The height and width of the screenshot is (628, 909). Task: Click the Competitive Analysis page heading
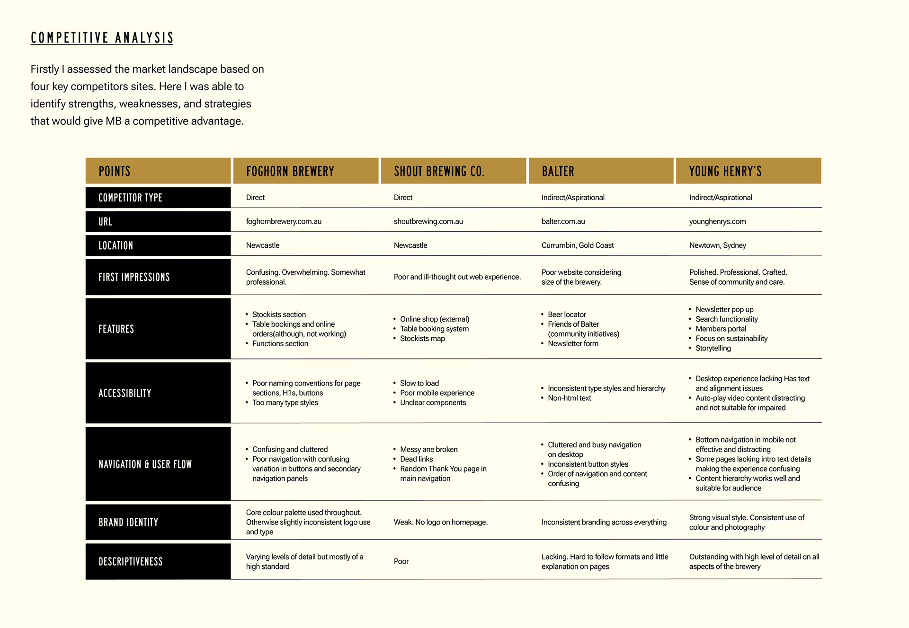pyautogui.click(x=102, y=38)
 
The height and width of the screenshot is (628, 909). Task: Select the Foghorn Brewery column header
pyautogui.click(x=290, y=171)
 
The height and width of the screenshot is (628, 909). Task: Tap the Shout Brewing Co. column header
pyautogui.click(x=439, y=171)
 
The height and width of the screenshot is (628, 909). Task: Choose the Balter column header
pyautogui.click(x=558, y=171)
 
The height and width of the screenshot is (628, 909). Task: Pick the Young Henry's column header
pyautogui.click(x=725, y=171)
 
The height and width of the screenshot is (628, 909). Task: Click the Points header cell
pyautogui.click(x=115, y=171)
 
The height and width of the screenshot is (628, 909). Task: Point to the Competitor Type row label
pyautogui.click(x=130, y=198)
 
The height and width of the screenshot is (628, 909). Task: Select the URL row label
pyautogui.click(x=106, y=221)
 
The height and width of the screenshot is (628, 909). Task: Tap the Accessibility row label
pyautogui.click(x=125, y=393)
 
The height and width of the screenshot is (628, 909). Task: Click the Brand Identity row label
pyautogui.click(x=128, y=522)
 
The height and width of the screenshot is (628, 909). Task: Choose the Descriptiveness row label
pyautogui.click(x=131, y=561)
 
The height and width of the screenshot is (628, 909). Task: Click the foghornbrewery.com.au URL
pyautogui.click(x=284, y=221)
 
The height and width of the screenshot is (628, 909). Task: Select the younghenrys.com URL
pyautogui.click(x=717, y=221)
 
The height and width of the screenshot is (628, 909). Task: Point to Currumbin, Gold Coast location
pyautogui.click(x=578, y=245)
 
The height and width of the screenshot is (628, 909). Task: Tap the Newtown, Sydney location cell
pyautogui.click(x=717, y=245)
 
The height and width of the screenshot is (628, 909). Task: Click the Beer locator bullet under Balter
pyautogui.click(x=567, y=314)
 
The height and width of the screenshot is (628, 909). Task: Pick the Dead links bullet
pyautogui.click(x=416, y=459)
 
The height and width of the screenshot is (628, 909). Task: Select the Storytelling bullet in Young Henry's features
pyautogui.click(x=713, y=348)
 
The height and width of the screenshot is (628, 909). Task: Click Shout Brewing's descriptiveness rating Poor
pyautogui.click(x=401, y=561)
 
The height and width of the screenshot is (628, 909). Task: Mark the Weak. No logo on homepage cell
pyautogui.click(x=440, y=522)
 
